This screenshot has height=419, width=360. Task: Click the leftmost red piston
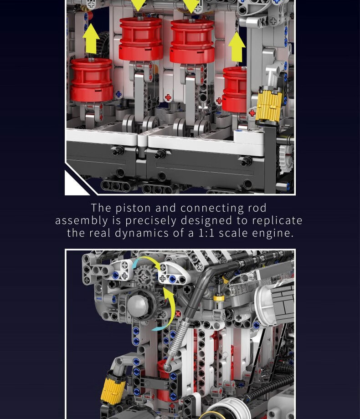point(92,80)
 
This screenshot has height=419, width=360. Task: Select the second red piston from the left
point(141,39)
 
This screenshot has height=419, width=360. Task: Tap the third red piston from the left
point(192,41)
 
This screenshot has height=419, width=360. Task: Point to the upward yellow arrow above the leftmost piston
point(91,38)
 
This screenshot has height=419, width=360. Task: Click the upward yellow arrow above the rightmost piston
point(237,47)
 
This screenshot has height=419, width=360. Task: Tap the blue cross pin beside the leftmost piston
point(118,94)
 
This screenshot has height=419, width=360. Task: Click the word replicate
point(277,221)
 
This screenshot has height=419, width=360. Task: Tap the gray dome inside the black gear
point(138,306)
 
